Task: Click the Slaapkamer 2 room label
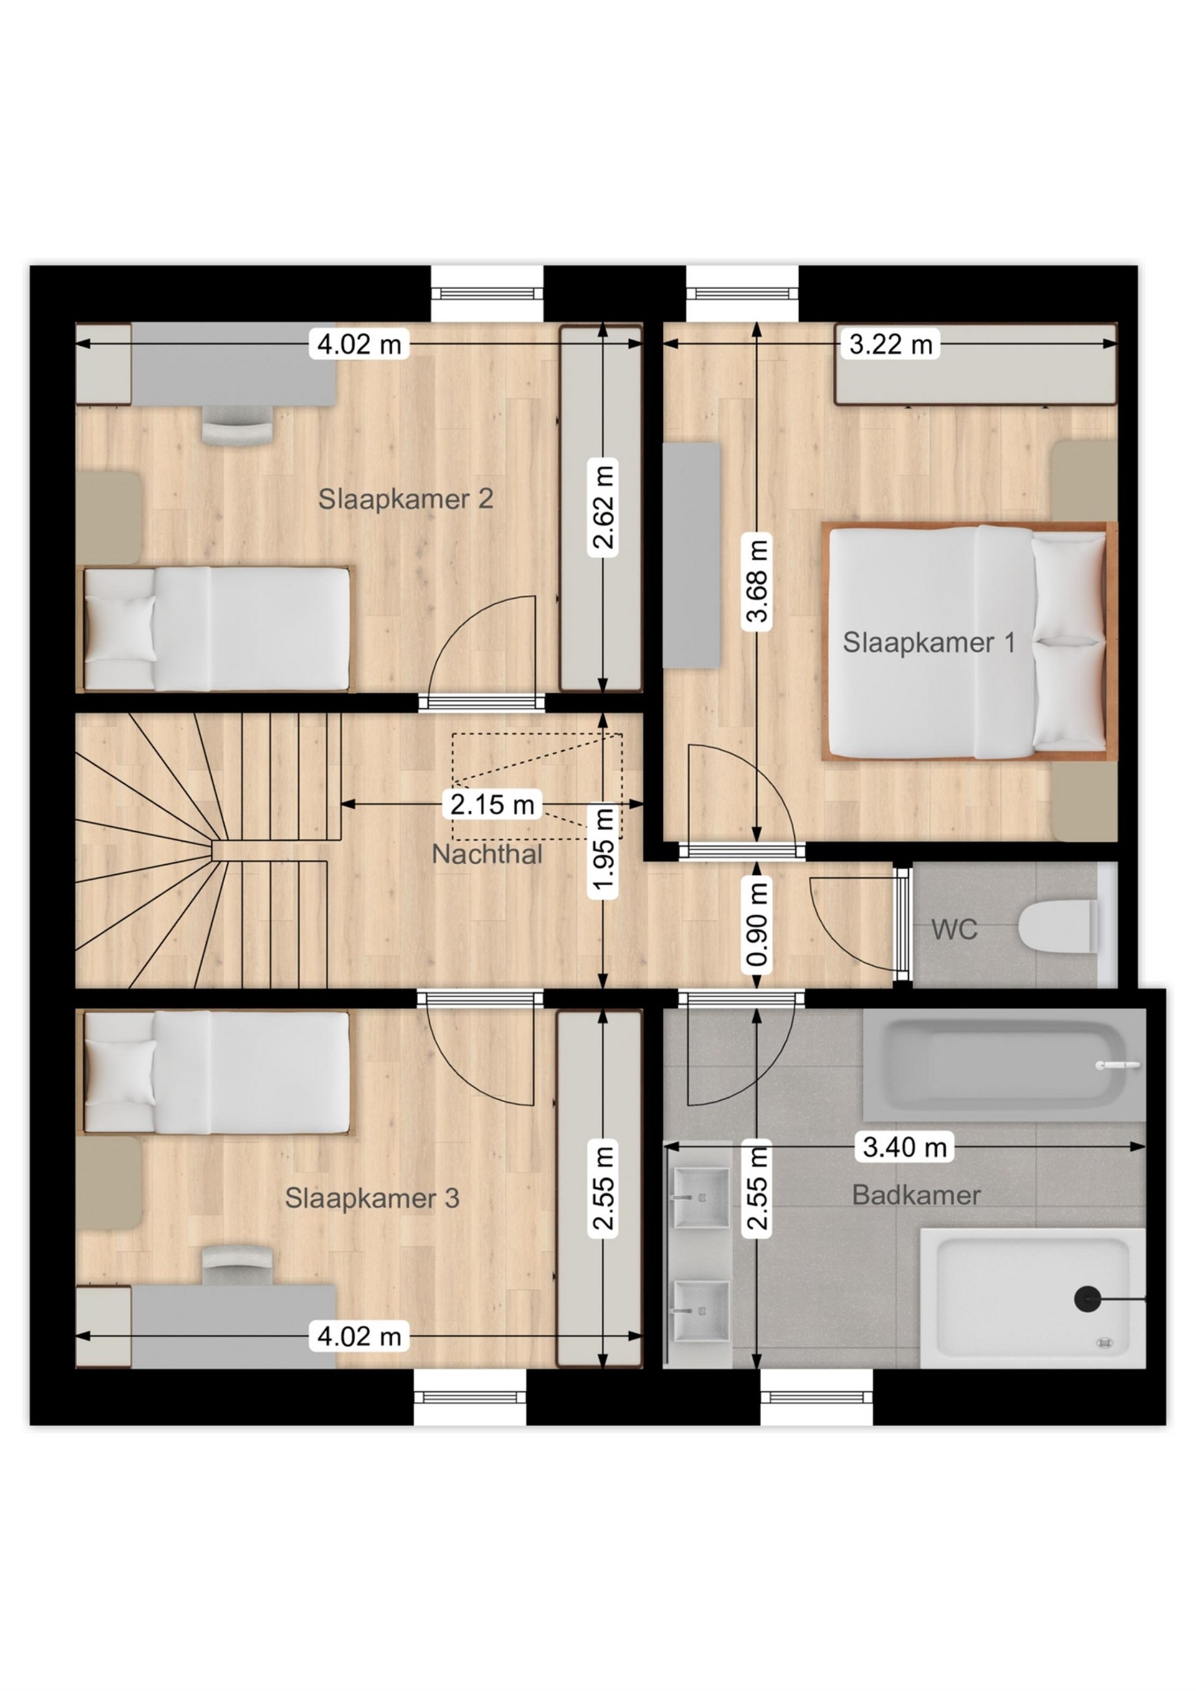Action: click(405, 499)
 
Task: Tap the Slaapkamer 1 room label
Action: click(929, 642)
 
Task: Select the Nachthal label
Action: click(486, 854)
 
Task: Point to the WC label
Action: click(954, 930)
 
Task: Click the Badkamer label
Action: click(916, 1194)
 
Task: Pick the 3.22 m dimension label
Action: click(890, 344)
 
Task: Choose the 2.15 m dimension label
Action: click(492, 804)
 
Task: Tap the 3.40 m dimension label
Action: click(904, 1146)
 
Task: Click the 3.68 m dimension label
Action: click(758, 582)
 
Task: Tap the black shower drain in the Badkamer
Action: click(1087, 1298)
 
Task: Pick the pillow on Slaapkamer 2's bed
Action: click(120, 631)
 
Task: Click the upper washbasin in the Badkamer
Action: click(701, 1198)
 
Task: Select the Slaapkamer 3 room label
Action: click(372, 1198)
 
